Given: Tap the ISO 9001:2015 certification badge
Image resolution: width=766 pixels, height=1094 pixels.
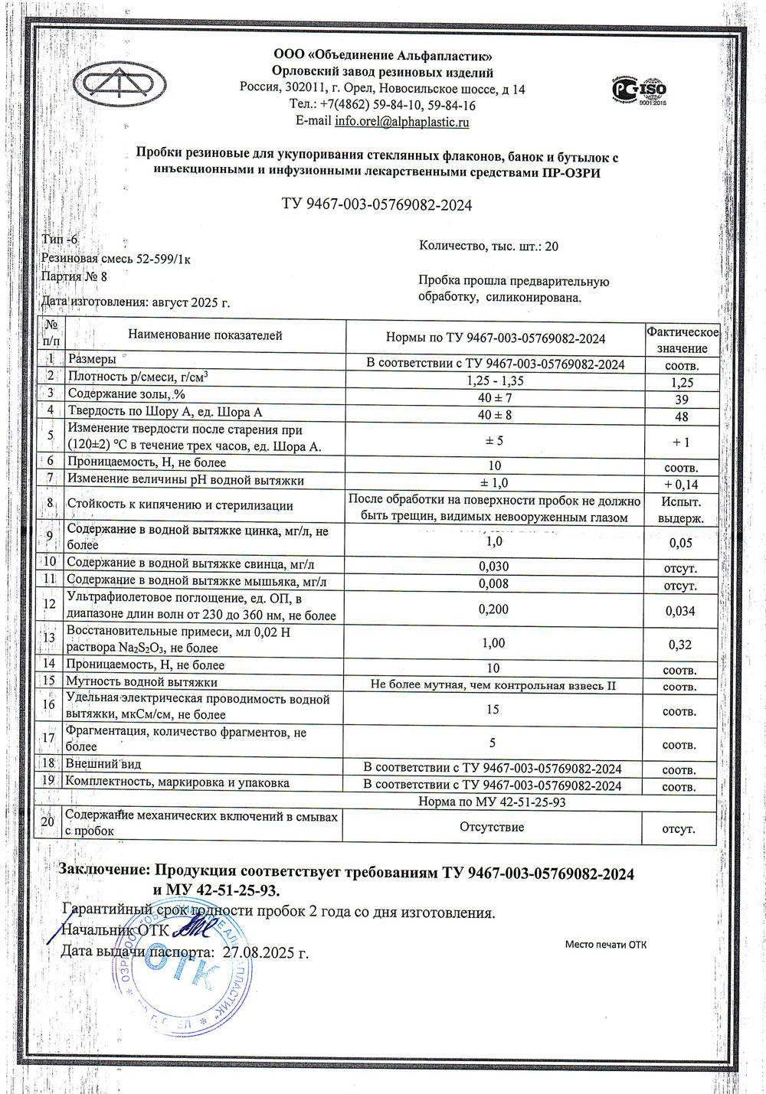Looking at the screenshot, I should pos(639,90).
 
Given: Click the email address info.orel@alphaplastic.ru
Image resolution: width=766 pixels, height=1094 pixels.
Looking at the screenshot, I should pos(402,122).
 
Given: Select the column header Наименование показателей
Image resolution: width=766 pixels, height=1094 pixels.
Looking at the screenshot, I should pos(205,335).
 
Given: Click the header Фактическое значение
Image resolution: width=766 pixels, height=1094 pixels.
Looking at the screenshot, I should pos(682,340).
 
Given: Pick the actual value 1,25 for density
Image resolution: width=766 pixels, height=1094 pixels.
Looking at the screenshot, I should pos(681,382).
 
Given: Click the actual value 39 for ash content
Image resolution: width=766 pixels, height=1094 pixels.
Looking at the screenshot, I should pos(681,400).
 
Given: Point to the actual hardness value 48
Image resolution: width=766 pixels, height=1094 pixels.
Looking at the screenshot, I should pos(681,417).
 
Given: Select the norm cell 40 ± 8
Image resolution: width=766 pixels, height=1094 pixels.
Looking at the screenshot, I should pos(495,415).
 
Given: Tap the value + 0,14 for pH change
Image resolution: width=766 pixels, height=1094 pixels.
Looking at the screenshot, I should pos(681,485).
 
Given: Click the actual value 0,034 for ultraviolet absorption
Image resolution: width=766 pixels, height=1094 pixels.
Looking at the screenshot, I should pos(681,611).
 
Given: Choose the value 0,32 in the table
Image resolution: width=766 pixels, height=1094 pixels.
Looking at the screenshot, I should pos(681,645).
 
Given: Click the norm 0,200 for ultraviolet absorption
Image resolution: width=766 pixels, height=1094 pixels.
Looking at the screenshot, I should pos(494,609).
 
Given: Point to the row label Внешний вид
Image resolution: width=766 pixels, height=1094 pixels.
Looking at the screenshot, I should pos(103,764).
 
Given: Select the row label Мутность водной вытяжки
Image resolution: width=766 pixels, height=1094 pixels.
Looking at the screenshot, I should pos(142,681).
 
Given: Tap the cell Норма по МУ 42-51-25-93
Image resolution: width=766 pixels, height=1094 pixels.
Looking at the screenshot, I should pos(492,802).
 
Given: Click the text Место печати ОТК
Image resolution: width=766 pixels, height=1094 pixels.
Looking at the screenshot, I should pos(605,945).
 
